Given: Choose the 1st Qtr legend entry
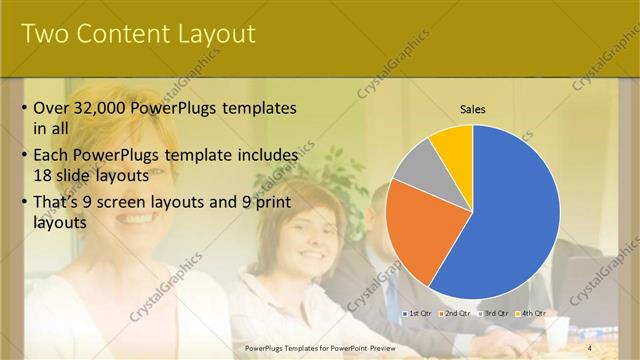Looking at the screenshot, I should pos(417,313).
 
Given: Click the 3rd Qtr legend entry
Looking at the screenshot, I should pos(495,313).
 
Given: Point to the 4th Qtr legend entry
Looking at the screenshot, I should pos(533,313).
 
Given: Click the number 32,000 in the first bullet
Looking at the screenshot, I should pos(107,108).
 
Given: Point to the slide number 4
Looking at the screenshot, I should pos(590,348).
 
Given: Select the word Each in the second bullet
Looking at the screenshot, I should pos(52,156).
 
